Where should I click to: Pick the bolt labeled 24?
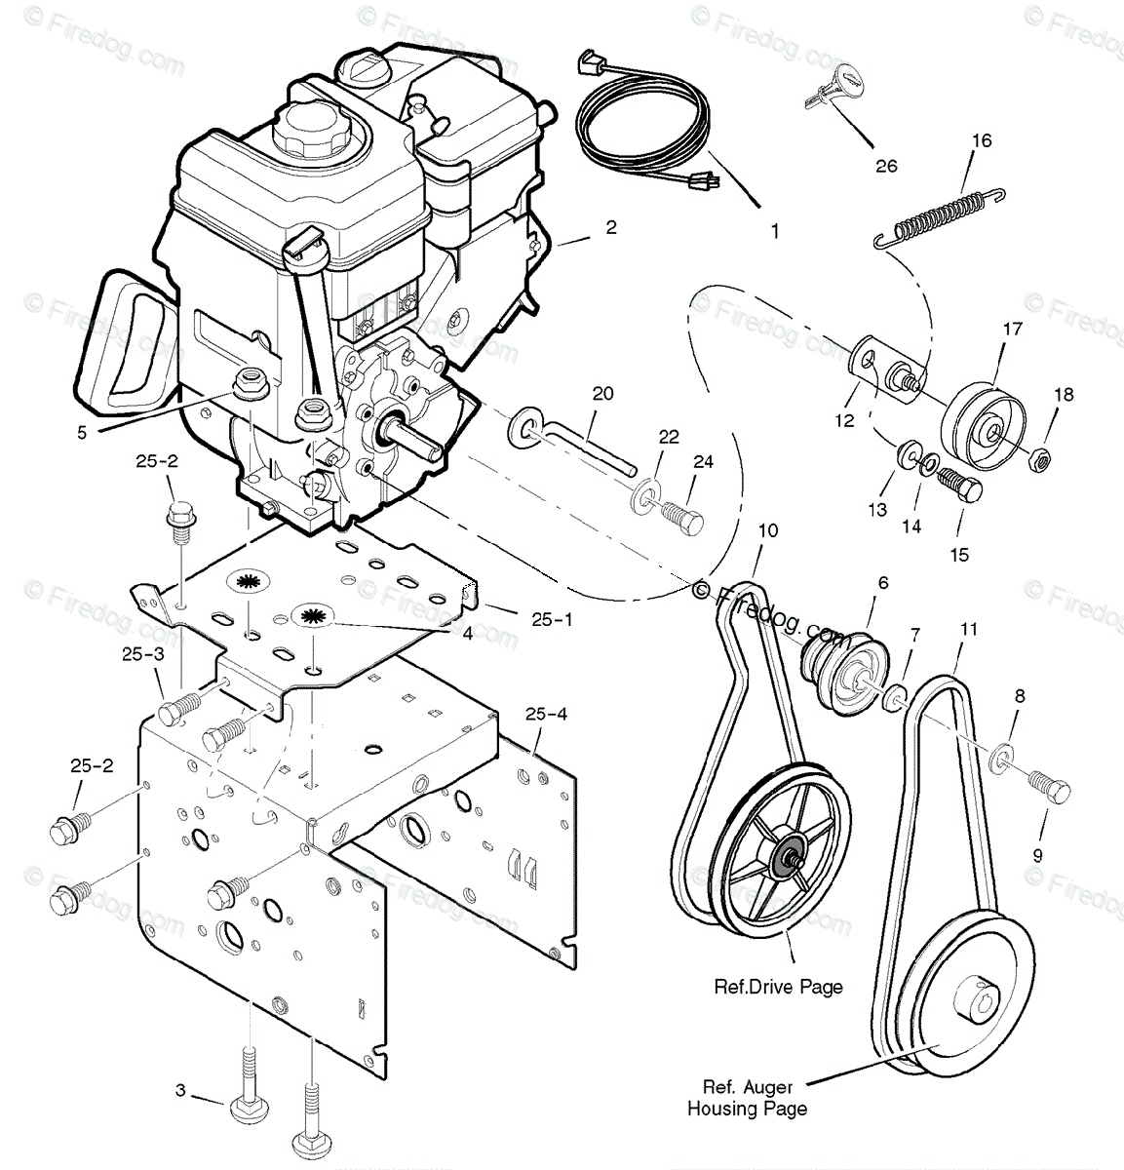pyautogui.click(x=680, y=516)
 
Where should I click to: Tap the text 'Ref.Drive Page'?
pyautogui.click(x=778, y=987)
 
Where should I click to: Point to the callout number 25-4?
pyautogui.click(x=547, y=715)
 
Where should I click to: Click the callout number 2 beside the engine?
pyautogui.click(x=611, y=227)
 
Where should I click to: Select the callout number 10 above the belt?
pyautogui.click(x=768, y=530)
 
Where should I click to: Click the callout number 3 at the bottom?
pyautogui.click(x=180, y=1090)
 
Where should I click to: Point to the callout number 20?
pyautogui.click(x=602, y=393)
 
